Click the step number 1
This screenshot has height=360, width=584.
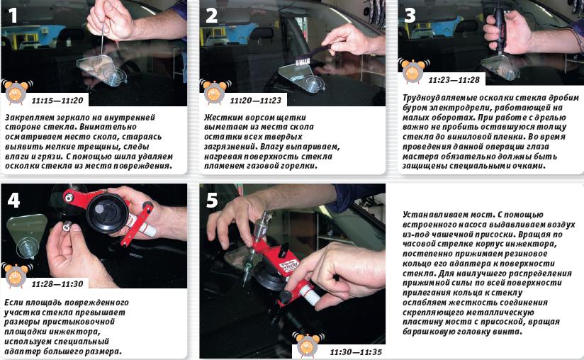click(x=13, y=16)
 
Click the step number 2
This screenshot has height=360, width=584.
click(x=211, y=16)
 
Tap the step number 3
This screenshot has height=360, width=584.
click(x=410, y=16)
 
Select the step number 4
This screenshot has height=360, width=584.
click(x=13, y=201)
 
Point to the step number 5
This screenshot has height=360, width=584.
click(x=212, y=201)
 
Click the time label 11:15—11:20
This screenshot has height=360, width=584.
click(x=57, y=101)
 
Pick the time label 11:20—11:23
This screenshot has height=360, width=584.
click(x=256, y=101)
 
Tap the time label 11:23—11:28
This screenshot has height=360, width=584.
click(x=454, y=79)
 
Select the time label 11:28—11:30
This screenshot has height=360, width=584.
click(x=57, y=283)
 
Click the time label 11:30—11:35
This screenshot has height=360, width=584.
click(x=356, y=351)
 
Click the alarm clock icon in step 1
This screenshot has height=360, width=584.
click(x=16, y=91)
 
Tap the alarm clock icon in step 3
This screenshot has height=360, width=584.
click(x=413, y=71)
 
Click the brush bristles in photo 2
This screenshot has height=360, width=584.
click(x=303, y=60)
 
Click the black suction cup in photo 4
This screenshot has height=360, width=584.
click(x=108, y=213)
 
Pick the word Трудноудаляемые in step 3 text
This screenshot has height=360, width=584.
click(x=434, y=98)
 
